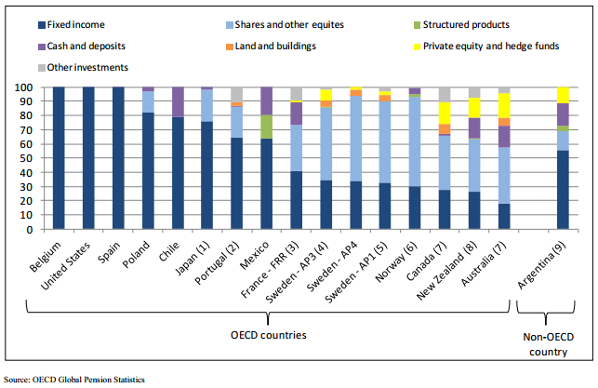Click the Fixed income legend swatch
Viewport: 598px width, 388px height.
18,24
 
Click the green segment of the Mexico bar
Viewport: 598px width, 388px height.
266,127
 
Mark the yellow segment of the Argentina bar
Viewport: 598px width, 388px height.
562,94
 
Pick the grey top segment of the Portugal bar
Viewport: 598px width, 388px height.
237,94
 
